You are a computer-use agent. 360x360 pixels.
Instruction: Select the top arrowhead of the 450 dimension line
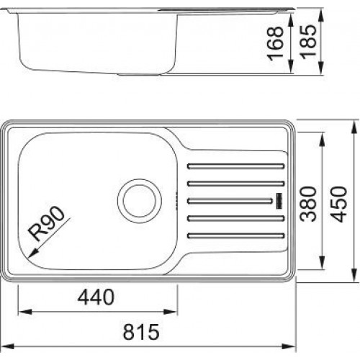354,123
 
